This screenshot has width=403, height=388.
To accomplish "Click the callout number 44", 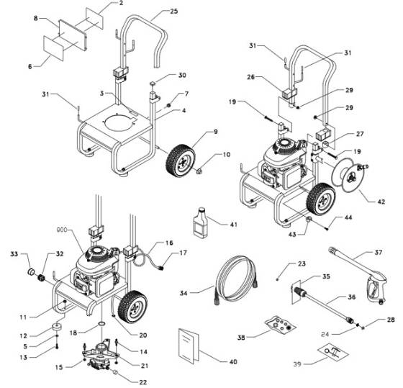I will click(348, 217).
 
